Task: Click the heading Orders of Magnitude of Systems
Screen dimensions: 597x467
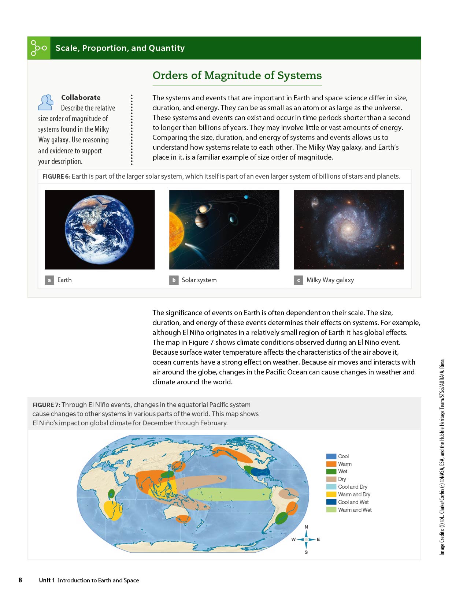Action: click(x=237, y=75)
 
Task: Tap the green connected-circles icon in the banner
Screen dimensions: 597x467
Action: click(x=38, y=48)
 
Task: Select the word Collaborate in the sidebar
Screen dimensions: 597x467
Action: click(x=81, y=97)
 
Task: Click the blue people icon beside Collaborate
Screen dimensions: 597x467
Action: click(x=46, y=102)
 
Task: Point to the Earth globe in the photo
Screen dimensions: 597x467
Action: click(x=99, y=230)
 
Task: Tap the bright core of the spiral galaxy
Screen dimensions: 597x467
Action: click(x=348, y=228)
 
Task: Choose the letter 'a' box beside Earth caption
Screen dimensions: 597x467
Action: click(x=49, y=280)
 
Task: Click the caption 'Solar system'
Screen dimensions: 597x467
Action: click(x=199, y=280)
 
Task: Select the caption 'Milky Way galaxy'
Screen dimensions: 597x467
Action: click(x=330, y=280)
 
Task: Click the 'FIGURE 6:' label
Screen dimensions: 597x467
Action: click(x=56, y=176)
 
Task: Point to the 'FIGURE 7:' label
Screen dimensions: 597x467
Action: click(x=46, y=405)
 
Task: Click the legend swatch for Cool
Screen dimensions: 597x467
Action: click(x=331, y=456)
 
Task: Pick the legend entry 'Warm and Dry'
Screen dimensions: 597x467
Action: click(x=354, y=495)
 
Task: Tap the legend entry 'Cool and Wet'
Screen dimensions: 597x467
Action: click(x=353, y=502)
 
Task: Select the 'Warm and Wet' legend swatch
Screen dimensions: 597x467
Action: click(x=331, y=510)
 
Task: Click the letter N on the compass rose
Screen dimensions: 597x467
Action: click(x=306, y=527)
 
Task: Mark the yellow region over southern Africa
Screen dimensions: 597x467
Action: click(x=112, y=510)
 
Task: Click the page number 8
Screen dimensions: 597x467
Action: click(x=20, y=580)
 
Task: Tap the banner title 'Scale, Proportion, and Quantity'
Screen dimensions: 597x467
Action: click(x=120, y=48)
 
